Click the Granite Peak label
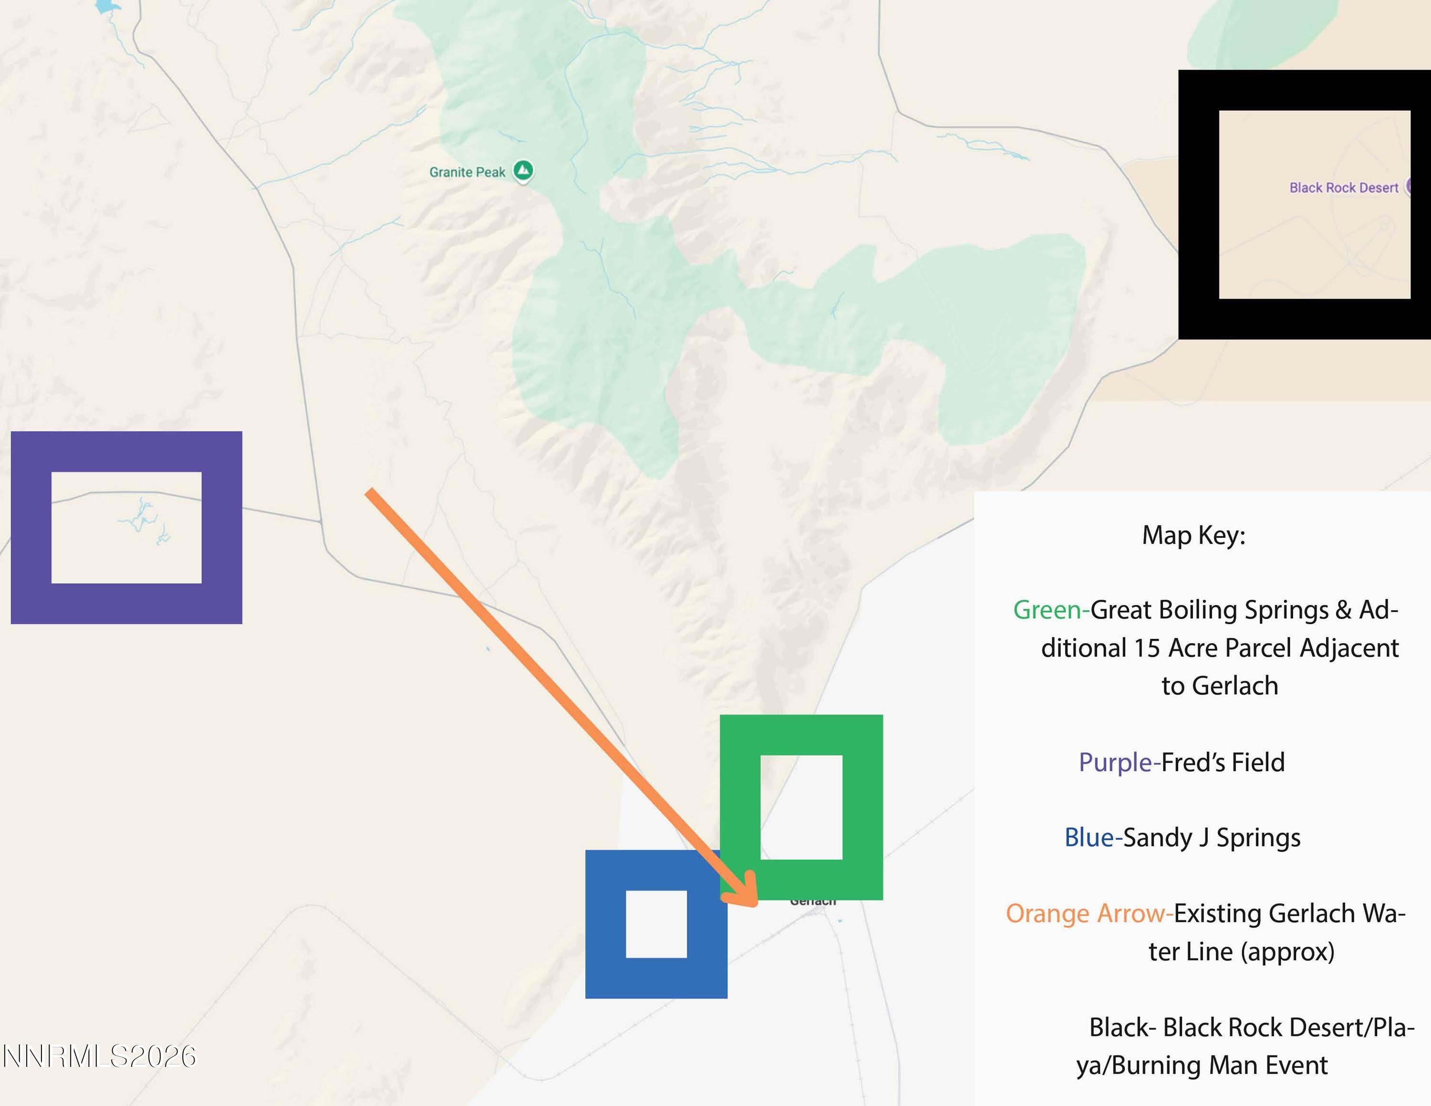click(467, 172)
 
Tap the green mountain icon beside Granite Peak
click(523, 171)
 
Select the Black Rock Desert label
click(1343, 188)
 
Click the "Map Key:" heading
click(1193, 535)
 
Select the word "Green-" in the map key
click(1050, 610)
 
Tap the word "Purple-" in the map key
click(1119, 762)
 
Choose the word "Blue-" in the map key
click(1092, 838)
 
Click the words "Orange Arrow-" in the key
click(1089, 913)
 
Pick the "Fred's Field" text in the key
click(1223, 762)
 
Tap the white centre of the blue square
click(656, 924)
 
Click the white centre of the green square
click(801, 807)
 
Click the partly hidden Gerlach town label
click(812, 903)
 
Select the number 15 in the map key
click(1147, 648)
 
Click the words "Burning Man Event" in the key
click(1219, 1065)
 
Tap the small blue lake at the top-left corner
click(107, 7)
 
